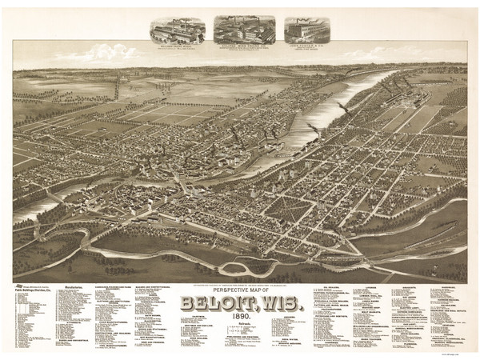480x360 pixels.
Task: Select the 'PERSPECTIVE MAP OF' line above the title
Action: point(239,289)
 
